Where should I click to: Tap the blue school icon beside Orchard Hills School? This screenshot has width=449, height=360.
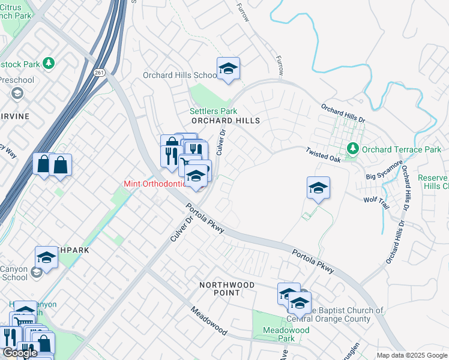point(228,70)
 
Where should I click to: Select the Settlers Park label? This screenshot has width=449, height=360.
point(213,111)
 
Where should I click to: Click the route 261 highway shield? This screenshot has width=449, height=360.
point(100,72)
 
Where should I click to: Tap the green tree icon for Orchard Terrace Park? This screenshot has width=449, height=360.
point(354,148)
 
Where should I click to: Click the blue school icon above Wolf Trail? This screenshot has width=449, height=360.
point(318,188)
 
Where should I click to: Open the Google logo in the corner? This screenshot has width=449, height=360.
point(20,353)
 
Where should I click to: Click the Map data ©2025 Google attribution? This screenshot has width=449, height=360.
point(412,355)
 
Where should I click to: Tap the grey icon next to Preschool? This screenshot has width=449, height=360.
point(17,93)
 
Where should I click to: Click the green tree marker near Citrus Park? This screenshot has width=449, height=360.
point(49,62)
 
